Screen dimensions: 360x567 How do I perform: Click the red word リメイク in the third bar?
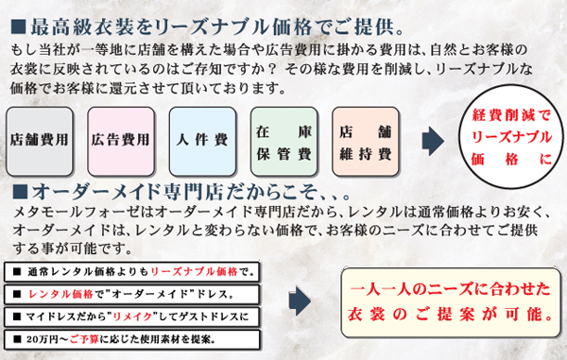pos(129,317)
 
